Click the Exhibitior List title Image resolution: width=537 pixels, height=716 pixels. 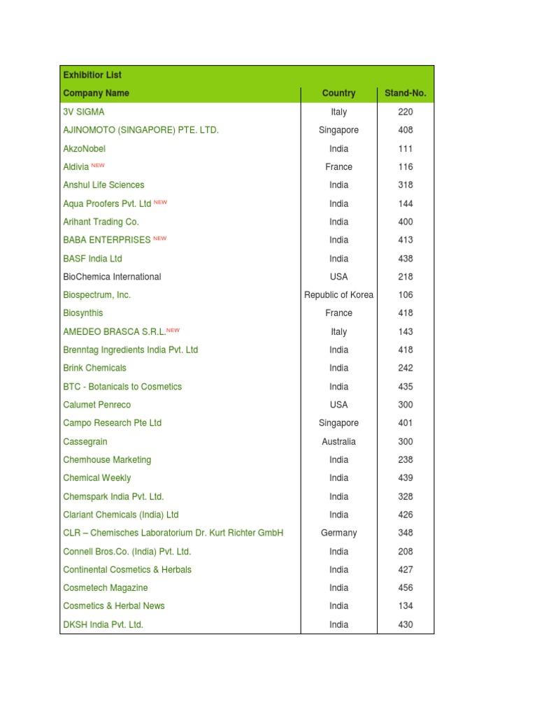(92, 75)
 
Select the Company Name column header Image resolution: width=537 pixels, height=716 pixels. (96, 93)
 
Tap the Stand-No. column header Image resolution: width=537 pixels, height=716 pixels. (406, 93)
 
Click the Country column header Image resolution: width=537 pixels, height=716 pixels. (339, 93)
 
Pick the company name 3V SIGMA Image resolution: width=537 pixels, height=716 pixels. (84, 112)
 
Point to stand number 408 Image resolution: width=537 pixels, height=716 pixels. (406, 130)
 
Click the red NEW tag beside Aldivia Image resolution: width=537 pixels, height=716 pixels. (98, 166)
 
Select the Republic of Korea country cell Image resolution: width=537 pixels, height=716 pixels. (339, 295)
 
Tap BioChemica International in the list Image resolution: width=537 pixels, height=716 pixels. (112, 277)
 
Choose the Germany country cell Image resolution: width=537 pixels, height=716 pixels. (339, 533)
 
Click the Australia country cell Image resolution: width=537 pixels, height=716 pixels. (339, 441)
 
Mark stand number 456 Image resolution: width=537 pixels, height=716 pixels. (406, 588)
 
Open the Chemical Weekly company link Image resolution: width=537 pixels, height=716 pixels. (96, 478)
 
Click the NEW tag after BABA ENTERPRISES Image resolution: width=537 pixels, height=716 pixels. (160, 238)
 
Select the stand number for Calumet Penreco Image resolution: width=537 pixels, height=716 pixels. (406, 405)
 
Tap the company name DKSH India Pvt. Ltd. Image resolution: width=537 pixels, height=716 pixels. (103, 624)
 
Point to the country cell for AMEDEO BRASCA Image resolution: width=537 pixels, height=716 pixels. (339, 331)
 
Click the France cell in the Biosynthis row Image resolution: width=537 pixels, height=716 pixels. (339, 313)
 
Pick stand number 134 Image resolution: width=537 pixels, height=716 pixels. (406, 606)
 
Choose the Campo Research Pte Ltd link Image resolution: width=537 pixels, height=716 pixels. (112, 423)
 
